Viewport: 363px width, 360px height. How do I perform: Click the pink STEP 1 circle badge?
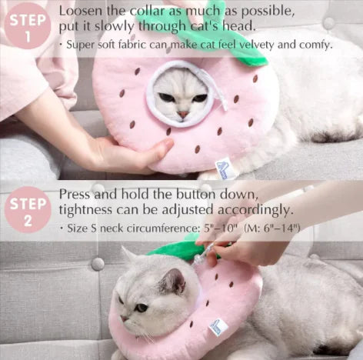coord(28,26)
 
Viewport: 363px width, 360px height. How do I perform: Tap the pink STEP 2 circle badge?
coord(28,210)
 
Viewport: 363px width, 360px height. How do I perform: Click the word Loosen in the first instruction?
coord(81,11)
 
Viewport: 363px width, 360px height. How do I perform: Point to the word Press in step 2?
coord(75,194)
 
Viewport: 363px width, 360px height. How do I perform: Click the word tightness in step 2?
coord(85,210)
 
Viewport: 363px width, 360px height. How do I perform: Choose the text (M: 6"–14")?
coord(271,228)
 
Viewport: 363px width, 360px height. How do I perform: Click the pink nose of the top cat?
coord(183,115)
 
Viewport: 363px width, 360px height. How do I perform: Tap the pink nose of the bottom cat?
coord(125,318)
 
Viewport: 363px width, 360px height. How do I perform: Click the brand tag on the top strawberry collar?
coord(221,168)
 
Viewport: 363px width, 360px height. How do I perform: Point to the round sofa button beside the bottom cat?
coord(98,264)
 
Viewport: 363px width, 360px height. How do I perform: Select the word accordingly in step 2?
coord(255,210)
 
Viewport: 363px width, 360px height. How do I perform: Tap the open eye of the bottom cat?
coord(141,308)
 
